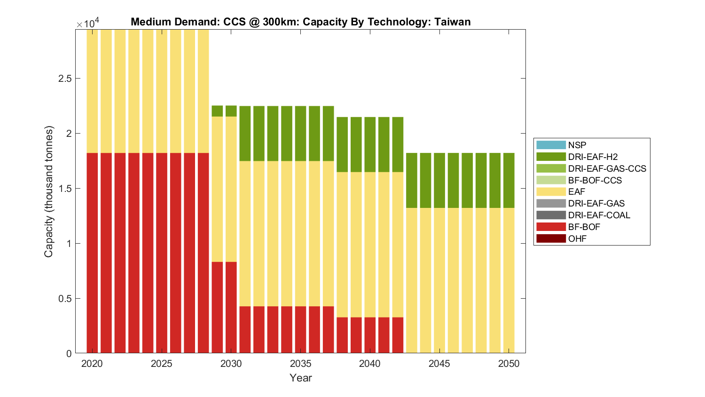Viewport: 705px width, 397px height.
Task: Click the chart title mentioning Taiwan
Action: coord(300,22)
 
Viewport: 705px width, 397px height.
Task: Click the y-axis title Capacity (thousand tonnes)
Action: coord(49,191)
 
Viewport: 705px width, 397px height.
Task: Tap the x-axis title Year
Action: coord(300,378)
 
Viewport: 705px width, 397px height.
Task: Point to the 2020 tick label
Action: coord(92,364)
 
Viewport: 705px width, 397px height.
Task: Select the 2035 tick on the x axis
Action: coord(300,364)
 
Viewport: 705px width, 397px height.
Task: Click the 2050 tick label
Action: coord(509,364)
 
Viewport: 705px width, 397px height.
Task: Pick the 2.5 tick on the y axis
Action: coord(65,78)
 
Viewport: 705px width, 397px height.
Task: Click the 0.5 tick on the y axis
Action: coord(65,299)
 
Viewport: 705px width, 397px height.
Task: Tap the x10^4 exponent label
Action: coord(88,23)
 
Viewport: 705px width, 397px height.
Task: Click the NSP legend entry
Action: coord(577,145)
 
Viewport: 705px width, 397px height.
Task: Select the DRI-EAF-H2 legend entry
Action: coord(593,157)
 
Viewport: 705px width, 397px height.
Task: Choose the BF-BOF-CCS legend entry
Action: coord(595,180)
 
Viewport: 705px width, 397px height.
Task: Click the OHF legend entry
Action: coord(577,238)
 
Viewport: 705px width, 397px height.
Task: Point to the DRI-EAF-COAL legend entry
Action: coord(599,215)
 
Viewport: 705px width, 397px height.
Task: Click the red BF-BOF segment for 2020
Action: coord(92,253)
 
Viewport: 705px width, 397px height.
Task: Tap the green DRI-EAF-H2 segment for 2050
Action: coord(509,180)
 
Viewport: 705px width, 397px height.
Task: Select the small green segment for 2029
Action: coord(217,111)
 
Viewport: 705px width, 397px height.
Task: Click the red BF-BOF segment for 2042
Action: coord(398,335)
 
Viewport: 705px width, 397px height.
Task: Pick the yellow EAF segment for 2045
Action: coord(439,280)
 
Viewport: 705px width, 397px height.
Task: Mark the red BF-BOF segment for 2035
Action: coord(300,329)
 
